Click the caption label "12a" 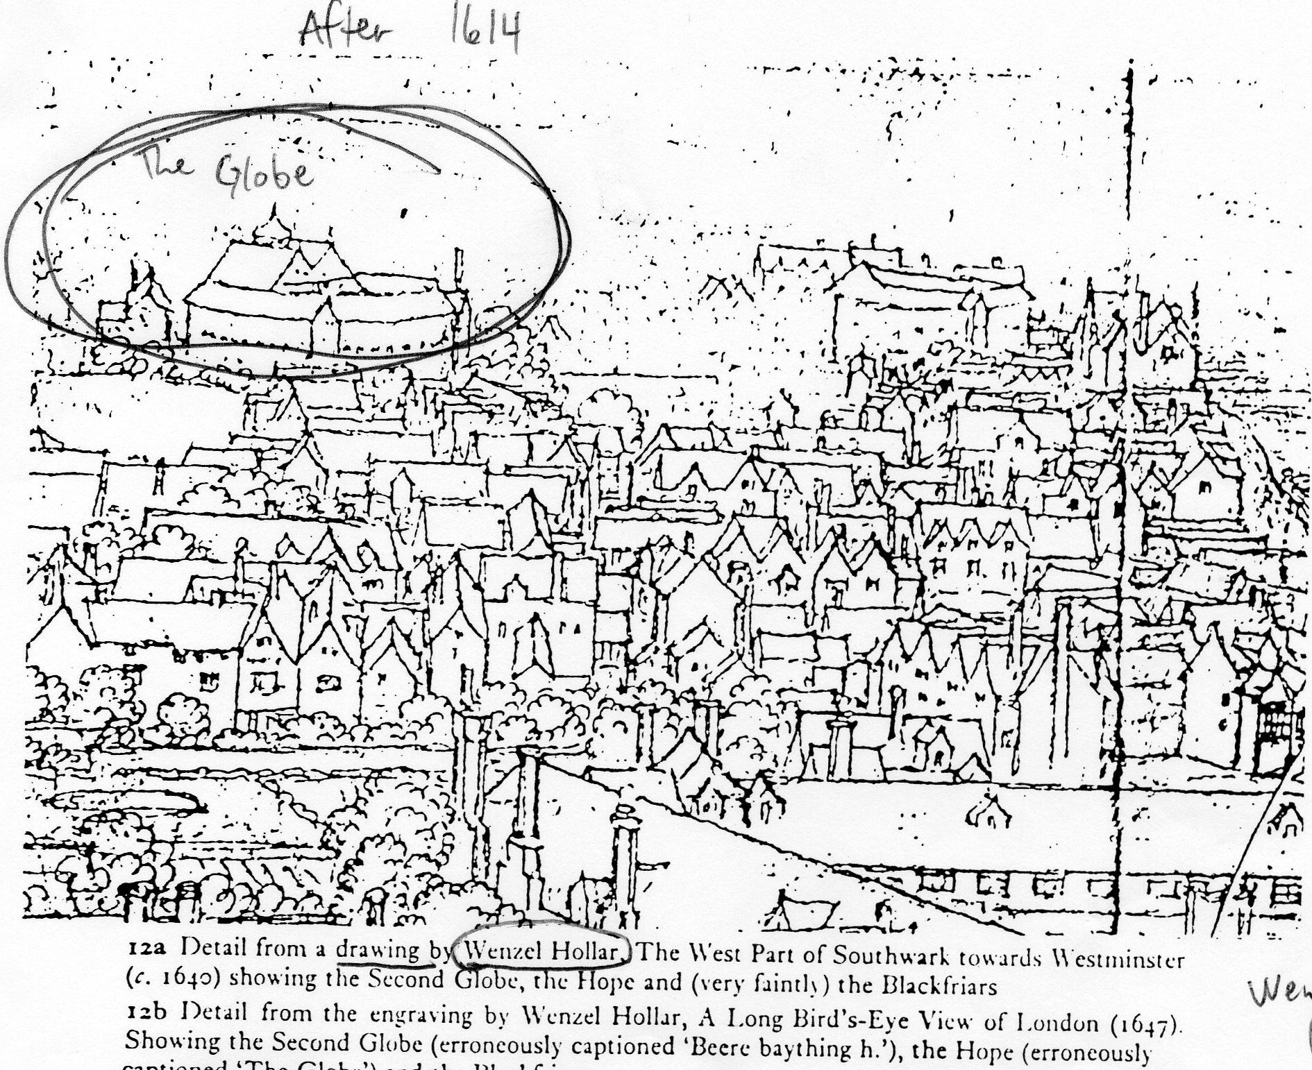click(146, 949)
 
